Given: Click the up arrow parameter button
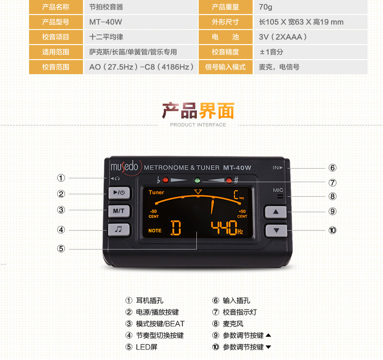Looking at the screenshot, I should click(x=276, y=212).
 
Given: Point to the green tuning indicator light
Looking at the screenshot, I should click(x=197, y=181).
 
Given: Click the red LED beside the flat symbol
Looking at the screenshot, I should click(x=165, y=181).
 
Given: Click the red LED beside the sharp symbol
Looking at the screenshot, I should click(x=228, y=181).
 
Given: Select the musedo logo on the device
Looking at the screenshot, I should click(x=125, y=167).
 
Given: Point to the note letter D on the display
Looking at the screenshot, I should click(x=176, y=228).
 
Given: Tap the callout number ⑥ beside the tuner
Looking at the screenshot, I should click(x=332, y=168).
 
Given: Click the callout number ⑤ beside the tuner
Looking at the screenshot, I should click(x=61, y=249).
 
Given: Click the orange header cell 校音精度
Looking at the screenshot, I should click(x=225, y=52).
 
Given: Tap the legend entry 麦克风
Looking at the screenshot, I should click(x=233, y=324).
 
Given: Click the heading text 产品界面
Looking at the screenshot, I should click(x=198, y=111).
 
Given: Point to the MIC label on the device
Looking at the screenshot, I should click(x=278, y=190).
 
